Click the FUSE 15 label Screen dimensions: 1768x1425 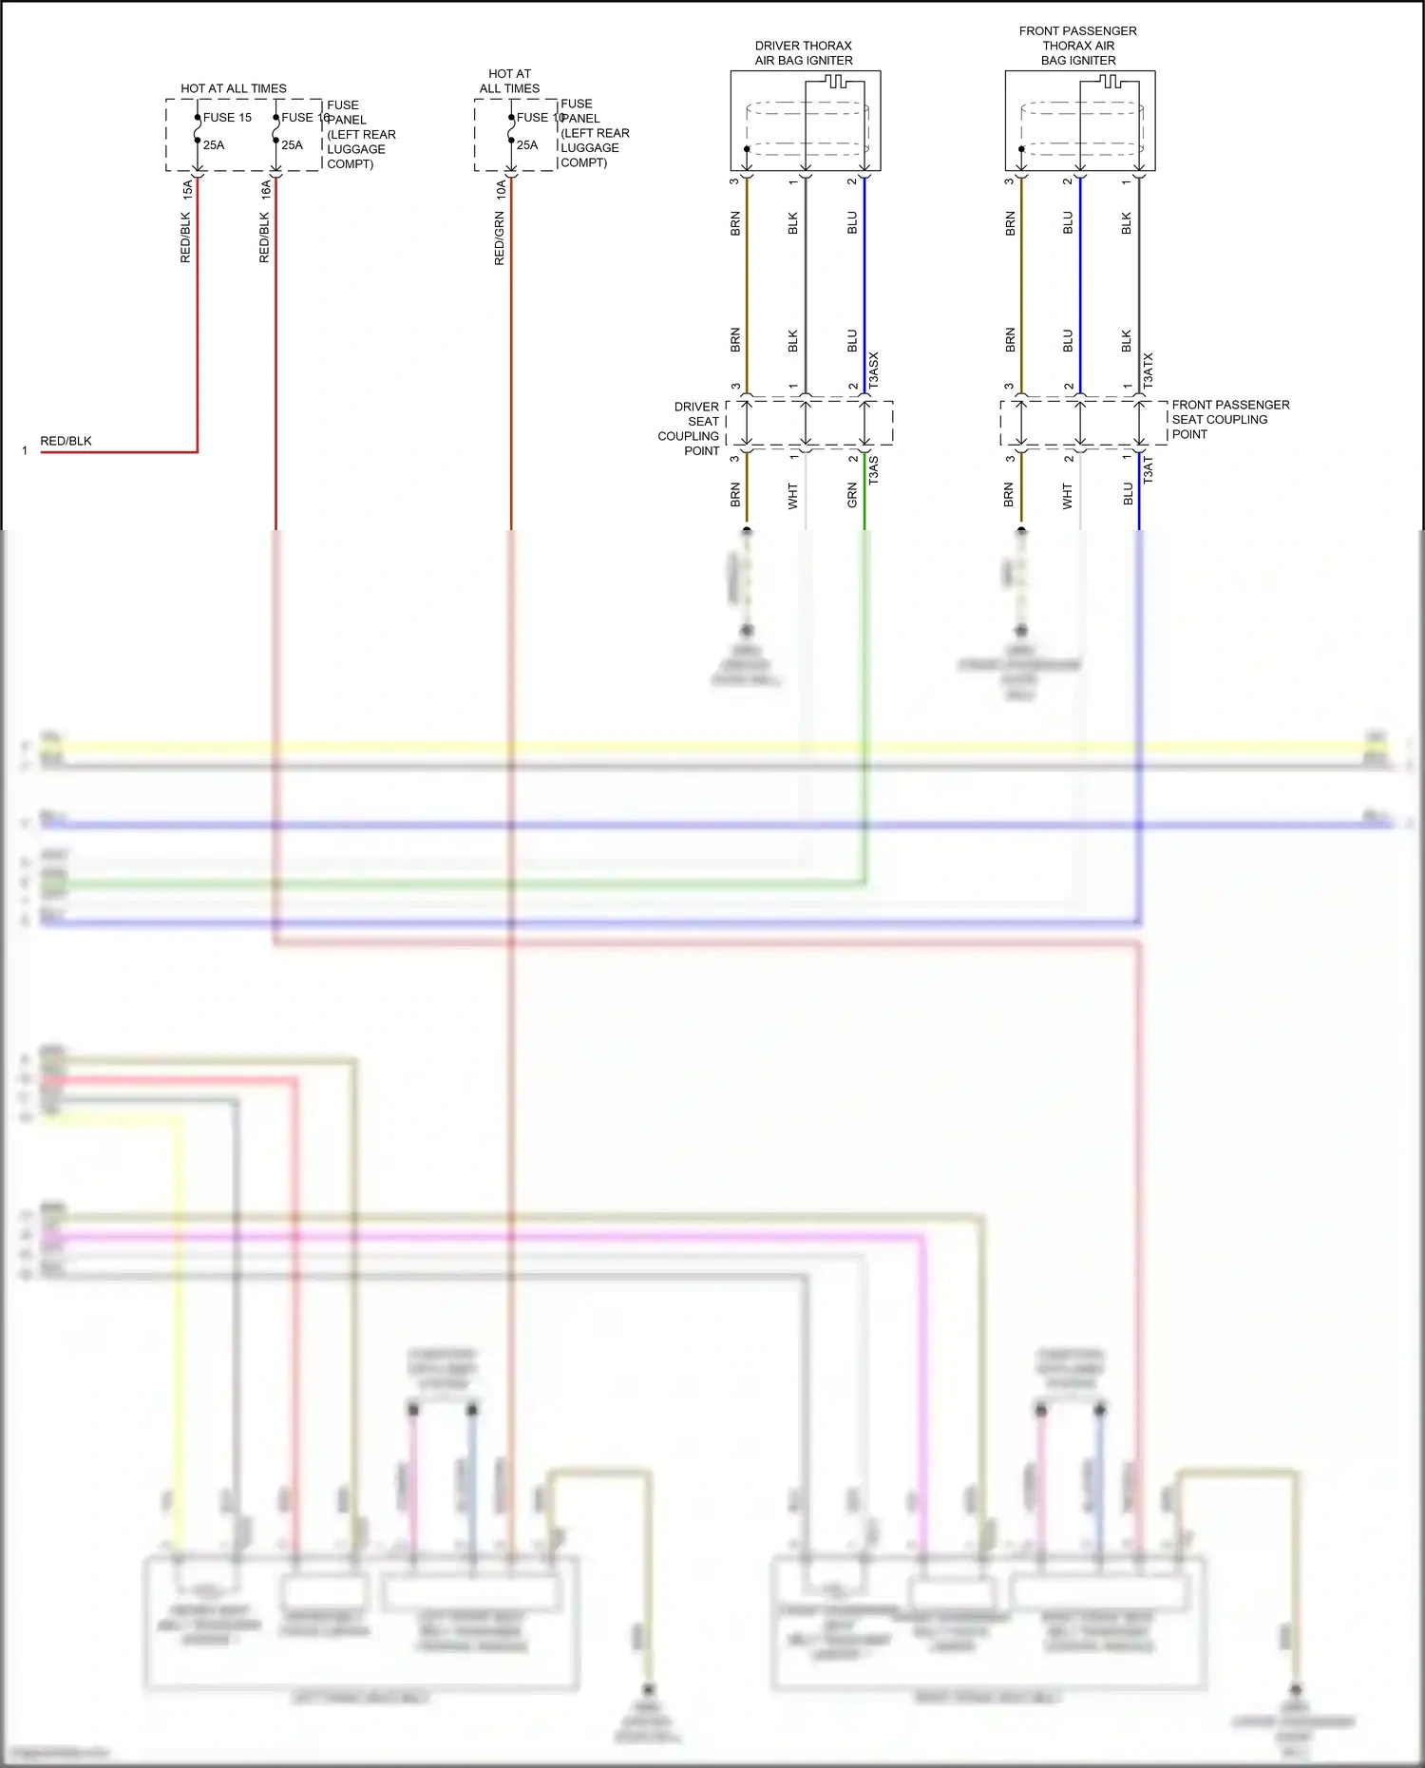(227, 118)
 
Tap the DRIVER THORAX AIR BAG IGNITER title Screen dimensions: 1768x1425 (804, 53)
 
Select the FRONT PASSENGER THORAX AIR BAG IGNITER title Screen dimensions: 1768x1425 (1077, 46)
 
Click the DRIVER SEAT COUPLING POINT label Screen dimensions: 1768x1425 (691, 428)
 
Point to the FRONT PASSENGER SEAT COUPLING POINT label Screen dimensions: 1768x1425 (1229, 419)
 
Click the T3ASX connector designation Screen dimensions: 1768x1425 (874, 369)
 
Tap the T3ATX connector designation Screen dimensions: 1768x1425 (1149, 370)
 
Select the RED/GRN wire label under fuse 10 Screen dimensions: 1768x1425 (500, 238)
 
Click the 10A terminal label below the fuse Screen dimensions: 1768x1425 (501, 190)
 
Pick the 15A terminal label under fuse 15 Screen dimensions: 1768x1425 (187, 190)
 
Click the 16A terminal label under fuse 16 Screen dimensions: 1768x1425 (266, 190)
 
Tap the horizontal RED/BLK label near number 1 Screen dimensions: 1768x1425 (66, 441)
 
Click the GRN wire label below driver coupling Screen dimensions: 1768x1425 (852, 495)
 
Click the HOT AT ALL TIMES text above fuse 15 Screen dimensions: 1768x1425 (234, 88)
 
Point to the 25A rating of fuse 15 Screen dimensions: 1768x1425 (214, 145)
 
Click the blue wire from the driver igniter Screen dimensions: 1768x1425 (864, 285)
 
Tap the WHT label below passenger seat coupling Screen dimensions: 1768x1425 (1068, 496)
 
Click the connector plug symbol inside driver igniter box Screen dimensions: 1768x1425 (835, 83)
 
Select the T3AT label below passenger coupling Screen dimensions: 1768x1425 (1148, 470)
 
